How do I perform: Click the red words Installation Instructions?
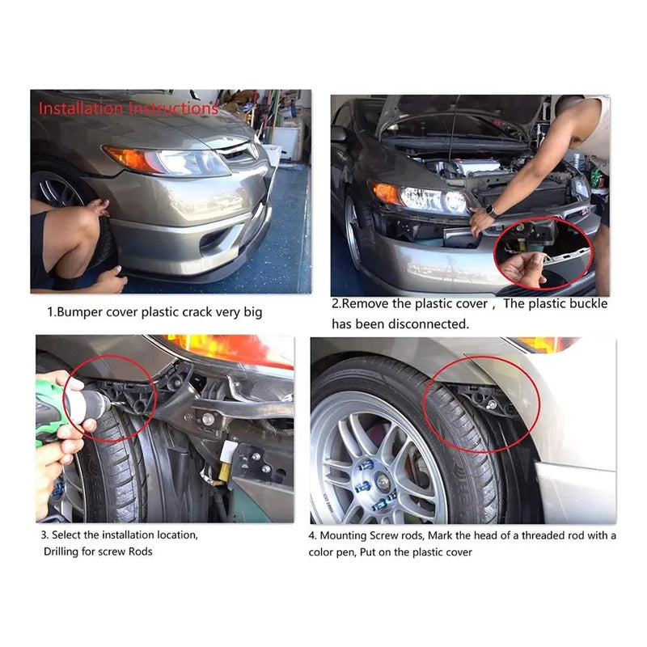click(129, 108)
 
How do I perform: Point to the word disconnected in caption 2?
click(429, 324)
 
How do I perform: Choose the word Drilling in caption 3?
click(61, 552)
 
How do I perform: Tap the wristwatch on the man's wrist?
click(490, 211)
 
